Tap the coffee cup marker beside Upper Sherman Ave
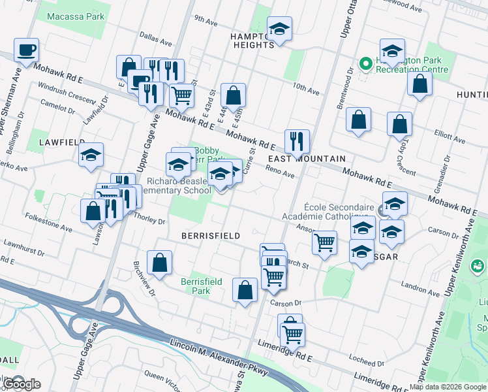click(x=26, y=50)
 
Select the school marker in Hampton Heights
click(x=279, y=29)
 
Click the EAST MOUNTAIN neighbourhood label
click(x=306, y=159)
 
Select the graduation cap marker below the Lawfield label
click(x=91, y=155)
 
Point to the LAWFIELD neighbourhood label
click(x=62, y=142)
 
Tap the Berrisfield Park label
click(x=202, y=286)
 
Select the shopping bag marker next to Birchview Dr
click(x=159, y=263)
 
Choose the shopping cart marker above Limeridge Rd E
click(x=292, y=334)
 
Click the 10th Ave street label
click(x=306, y=89)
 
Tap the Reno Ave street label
click(x=280, y=171)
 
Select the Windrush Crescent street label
click(x=67, y=90)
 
